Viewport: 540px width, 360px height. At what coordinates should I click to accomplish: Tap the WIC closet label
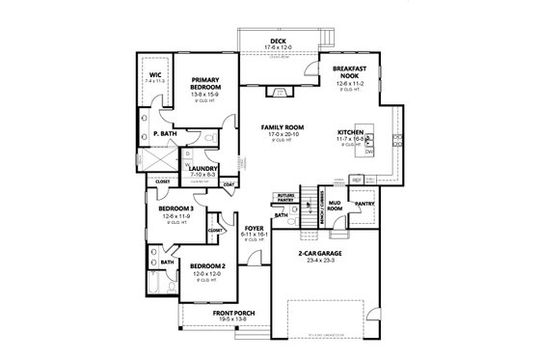(x=153, y=76)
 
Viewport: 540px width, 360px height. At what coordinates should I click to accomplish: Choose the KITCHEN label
(x=351, y=131)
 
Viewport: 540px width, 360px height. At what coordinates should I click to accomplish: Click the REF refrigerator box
(x=356, y=180)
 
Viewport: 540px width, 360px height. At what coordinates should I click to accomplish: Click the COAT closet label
(x=229, y=183)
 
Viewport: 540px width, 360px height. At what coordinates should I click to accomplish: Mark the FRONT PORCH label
(x=225, y=313)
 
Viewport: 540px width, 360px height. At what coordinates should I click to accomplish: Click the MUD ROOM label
(x=335, y=205)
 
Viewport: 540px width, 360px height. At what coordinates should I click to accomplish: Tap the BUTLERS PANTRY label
(x=284, y=198)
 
